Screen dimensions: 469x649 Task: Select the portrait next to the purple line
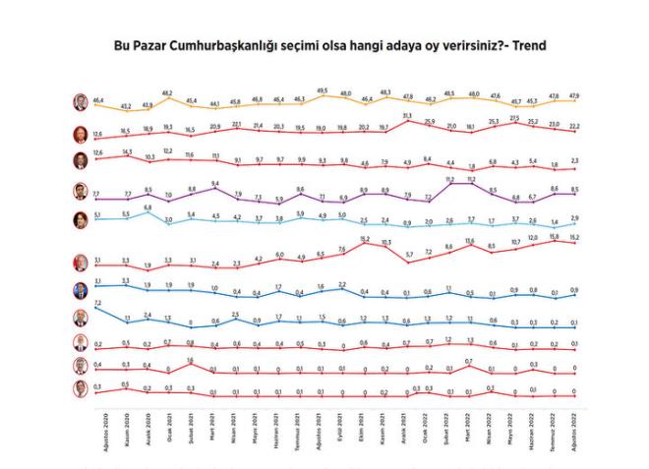point(81,191)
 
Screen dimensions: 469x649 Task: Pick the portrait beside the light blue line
point(81,219)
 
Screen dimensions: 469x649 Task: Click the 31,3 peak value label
point(408,116)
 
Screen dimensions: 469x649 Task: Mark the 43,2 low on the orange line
point(125,105)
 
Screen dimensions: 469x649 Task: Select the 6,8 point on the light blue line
point(147,207)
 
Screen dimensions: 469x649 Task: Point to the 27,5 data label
point(514,118)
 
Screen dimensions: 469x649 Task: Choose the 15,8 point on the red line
point(554,236)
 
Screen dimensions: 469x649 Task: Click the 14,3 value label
point(126,151)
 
